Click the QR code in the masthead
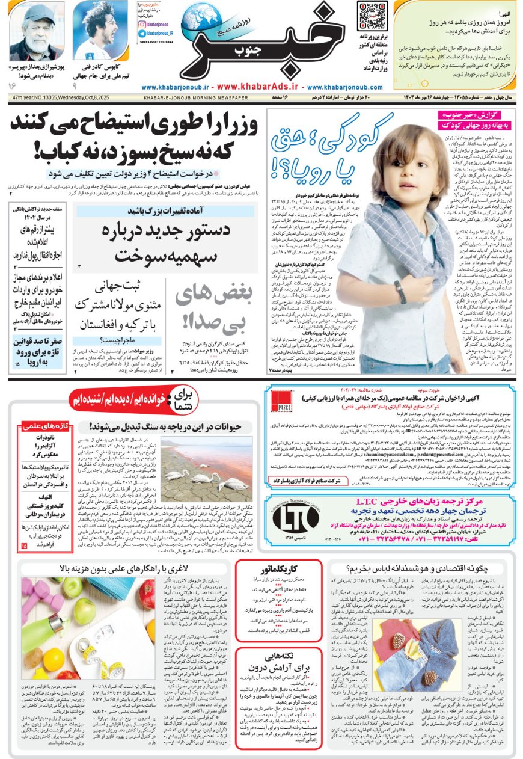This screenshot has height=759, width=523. [x=371, y=16]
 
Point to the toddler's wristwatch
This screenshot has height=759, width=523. [x=399, y=292]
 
